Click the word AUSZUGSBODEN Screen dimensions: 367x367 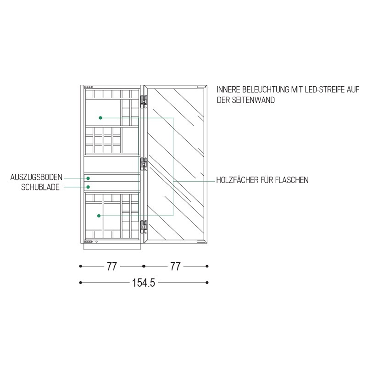point(36,177)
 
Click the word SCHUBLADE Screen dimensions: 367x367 point(40,187)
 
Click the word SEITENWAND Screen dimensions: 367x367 point(254,100)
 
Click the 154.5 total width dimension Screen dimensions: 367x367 point(144,283)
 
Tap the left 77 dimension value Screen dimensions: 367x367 point(112,267)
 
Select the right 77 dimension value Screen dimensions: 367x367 point(175,267)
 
